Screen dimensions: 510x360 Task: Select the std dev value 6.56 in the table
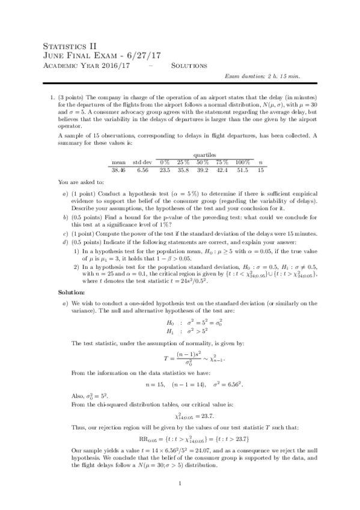142,170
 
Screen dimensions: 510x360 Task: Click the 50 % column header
203,162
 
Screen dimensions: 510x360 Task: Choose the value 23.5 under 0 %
165,170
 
